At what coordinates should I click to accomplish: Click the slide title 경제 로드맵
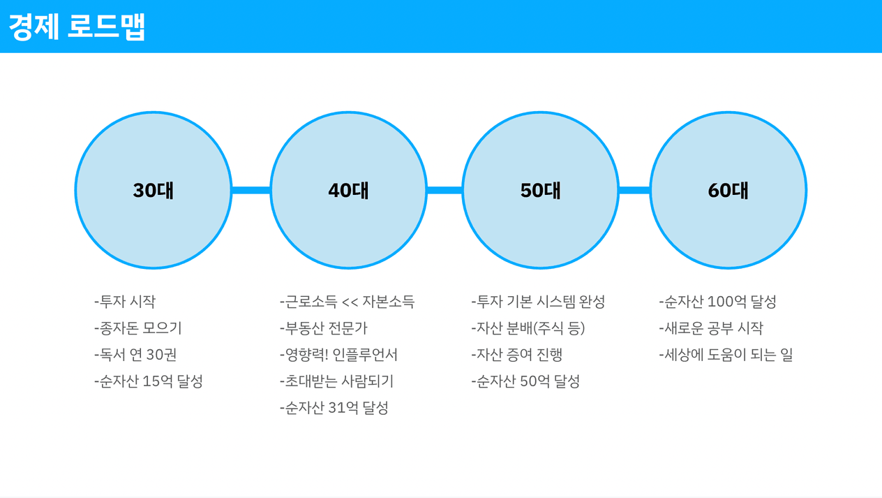77,27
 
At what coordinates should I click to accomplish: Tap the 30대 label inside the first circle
154,190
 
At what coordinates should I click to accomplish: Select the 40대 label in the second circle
348,190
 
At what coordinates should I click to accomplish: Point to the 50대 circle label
540,190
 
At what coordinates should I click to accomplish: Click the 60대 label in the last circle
728,190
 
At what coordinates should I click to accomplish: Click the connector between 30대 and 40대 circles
251,190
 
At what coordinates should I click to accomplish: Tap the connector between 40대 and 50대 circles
444,190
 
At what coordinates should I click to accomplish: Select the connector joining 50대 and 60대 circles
634,190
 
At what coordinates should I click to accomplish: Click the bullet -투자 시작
125,302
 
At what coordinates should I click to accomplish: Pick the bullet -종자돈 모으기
138,328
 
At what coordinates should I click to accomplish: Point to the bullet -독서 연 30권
135,355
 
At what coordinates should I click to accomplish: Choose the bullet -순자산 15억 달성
149,381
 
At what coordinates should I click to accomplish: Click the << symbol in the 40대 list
350,302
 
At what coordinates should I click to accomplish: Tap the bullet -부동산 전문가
323,328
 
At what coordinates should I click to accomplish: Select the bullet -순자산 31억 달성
334,408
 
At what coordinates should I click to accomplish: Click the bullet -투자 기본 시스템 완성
538,302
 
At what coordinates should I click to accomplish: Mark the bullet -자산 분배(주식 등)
528,328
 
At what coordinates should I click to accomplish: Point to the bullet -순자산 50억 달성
525,381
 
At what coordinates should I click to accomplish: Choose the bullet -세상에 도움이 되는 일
726,355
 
